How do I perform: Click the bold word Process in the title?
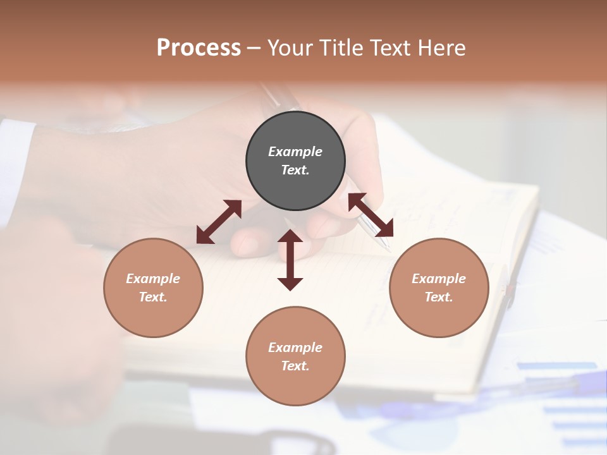point(199,48)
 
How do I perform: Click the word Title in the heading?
point(340,48)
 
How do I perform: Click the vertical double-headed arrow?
point(290,260)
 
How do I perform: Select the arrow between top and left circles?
point(219,222)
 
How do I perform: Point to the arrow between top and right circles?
point(371,215)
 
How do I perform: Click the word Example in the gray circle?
point(295,152)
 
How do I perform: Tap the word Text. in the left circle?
point(153,297)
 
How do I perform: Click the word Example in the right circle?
point(439,279)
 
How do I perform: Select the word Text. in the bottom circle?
point(295,366)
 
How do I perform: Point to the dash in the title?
point(254,49)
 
